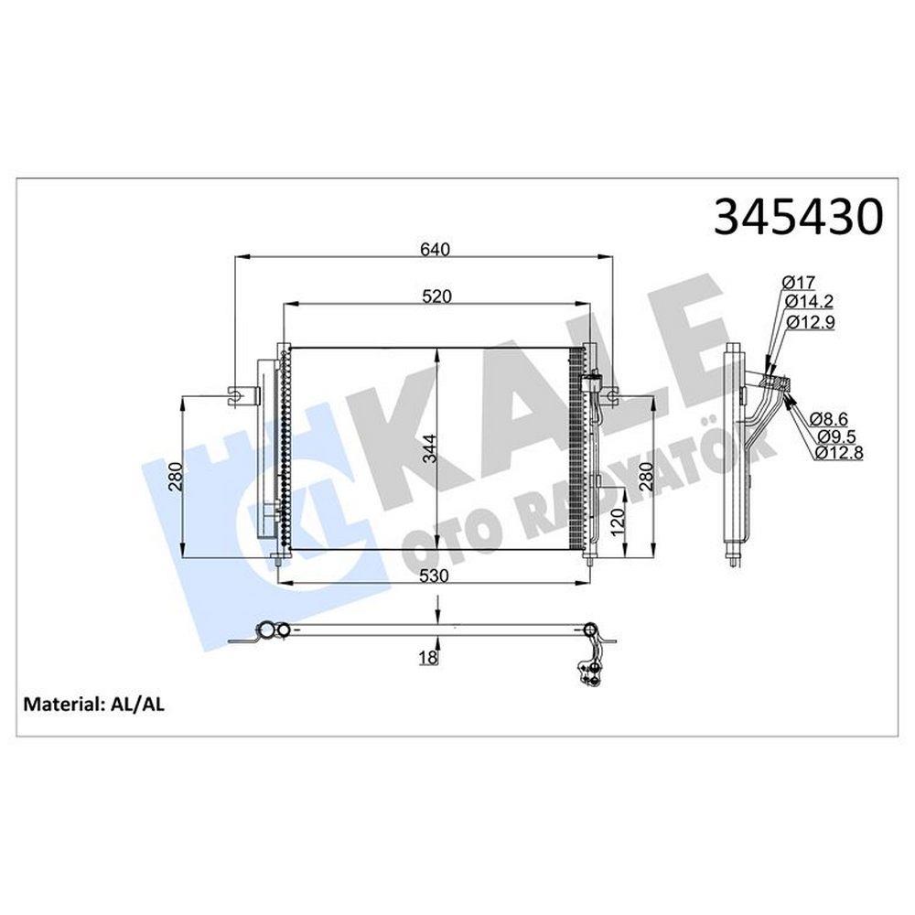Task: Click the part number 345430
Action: pos(798,216)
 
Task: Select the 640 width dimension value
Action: pos(436,249)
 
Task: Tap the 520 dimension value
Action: pos(437,296)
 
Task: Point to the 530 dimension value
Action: pos(434,576)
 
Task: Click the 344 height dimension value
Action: pos(429,448)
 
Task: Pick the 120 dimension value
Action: pos(618,518)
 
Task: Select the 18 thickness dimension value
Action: pos(428,658)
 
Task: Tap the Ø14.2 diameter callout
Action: pos(809,301)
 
